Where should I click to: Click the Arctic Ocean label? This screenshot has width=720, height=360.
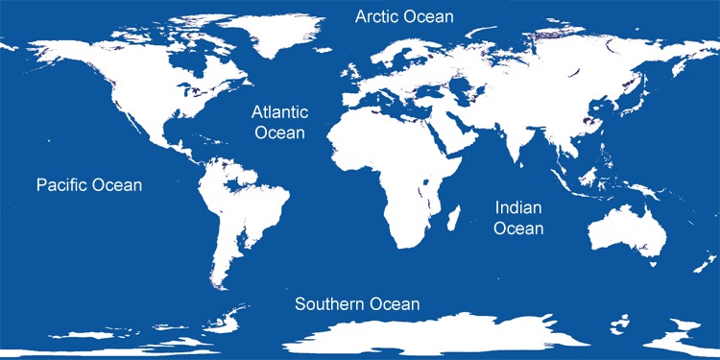[404, 16]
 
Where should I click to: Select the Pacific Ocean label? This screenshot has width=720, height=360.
[88, 185]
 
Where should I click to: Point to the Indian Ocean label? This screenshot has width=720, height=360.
[519, 218]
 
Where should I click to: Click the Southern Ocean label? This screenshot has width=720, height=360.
[357, 304]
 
